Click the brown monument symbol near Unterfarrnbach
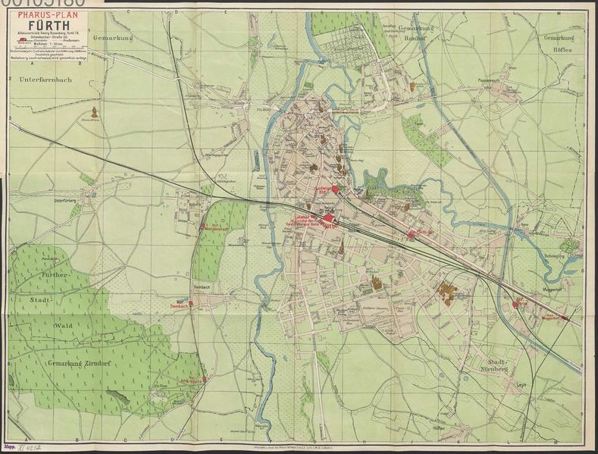tap(95, 112)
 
